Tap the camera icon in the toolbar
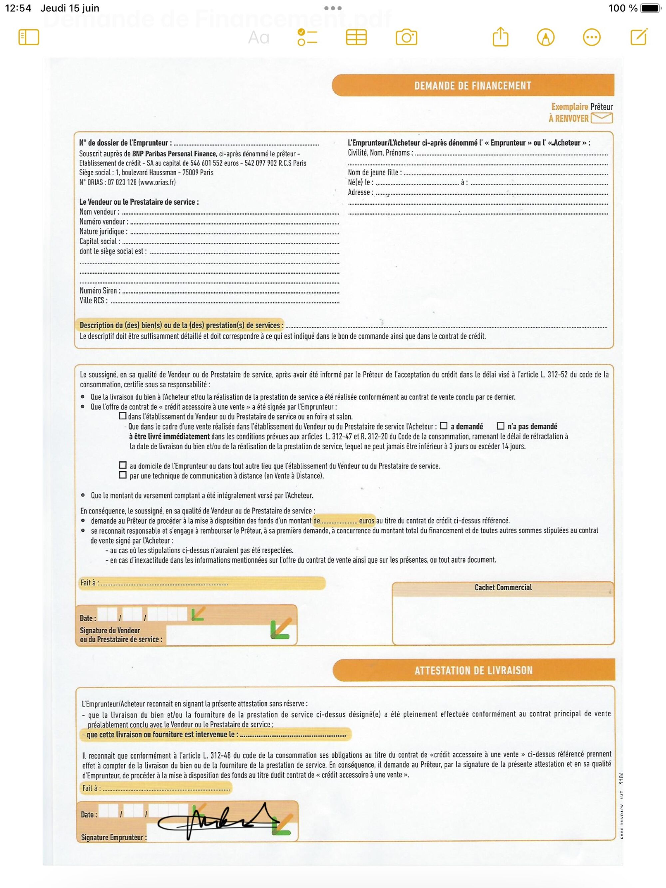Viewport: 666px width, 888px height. pos(406,37)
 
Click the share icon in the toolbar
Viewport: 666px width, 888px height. pos(500,37)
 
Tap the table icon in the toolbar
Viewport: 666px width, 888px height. pos(356,37)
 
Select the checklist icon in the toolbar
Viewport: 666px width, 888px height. pos(307,37)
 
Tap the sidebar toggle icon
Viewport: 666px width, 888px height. pos(29,37)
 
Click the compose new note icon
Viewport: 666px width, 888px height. pos(639,37)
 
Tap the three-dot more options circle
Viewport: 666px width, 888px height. pos(591,37)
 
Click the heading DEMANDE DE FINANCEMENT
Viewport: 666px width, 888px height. pos(473,86)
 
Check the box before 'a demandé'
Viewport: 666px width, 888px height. pos(444,426)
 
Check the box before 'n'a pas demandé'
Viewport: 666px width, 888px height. pos(500,426)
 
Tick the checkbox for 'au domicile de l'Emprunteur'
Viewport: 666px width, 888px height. pos(123,465)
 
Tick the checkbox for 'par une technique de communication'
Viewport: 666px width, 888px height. pos(123,475)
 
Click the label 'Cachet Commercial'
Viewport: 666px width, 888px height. pos(503,587)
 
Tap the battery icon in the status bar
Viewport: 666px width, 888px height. pos(650,8)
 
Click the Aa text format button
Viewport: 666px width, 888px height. pos(258,38)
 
